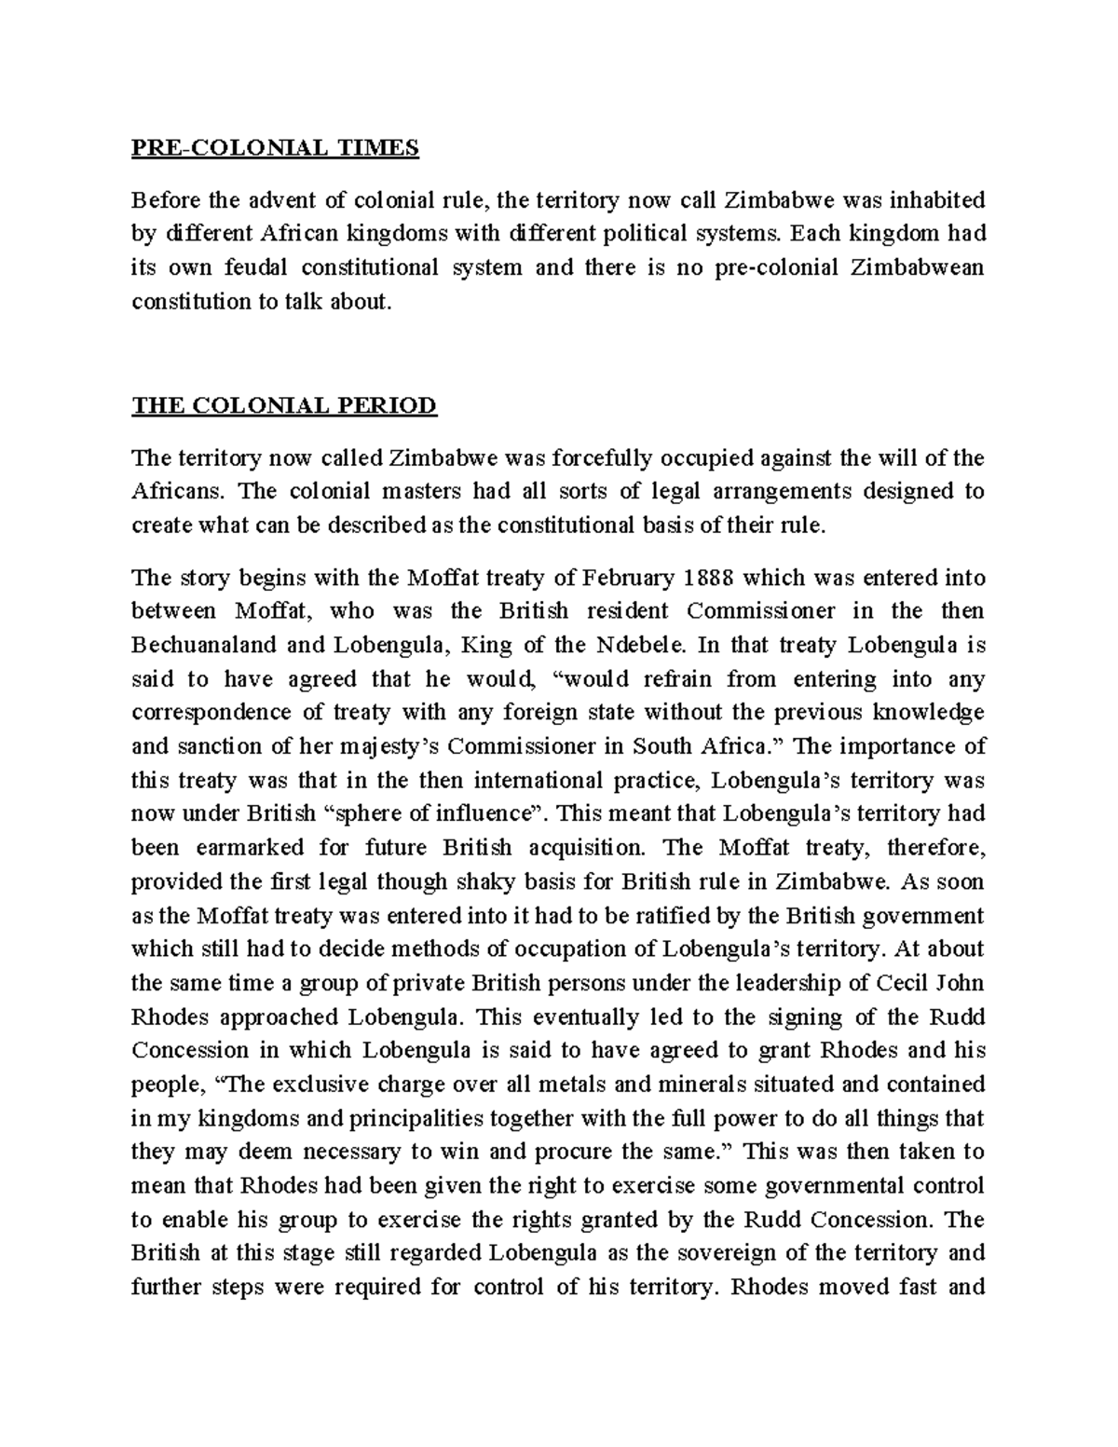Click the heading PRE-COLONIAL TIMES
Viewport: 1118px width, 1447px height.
[275, 147]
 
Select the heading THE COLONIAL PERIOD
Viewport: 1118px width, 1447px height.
[284, 405]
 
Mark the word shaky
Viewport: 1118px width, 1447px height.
[503, 881]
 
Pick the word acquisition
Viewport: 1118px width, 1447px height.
[585, 848]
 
